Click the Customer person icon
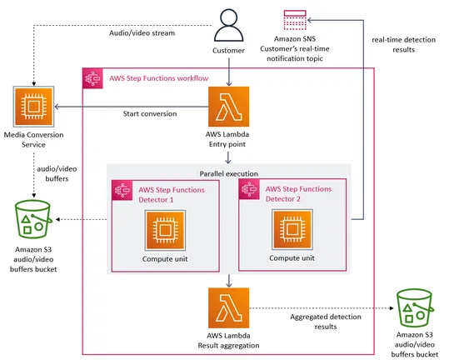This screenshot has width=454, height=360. coord(228,24)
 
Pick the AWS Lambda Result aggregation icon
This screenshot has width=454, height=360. coord(228,307)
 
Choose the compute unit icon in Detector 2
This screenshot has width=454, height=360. coord(292,228)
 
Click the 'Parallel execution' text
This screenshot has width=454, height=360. coord(228,173)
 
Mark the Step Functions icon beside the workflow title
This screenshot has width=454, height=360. coord(92,78)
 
